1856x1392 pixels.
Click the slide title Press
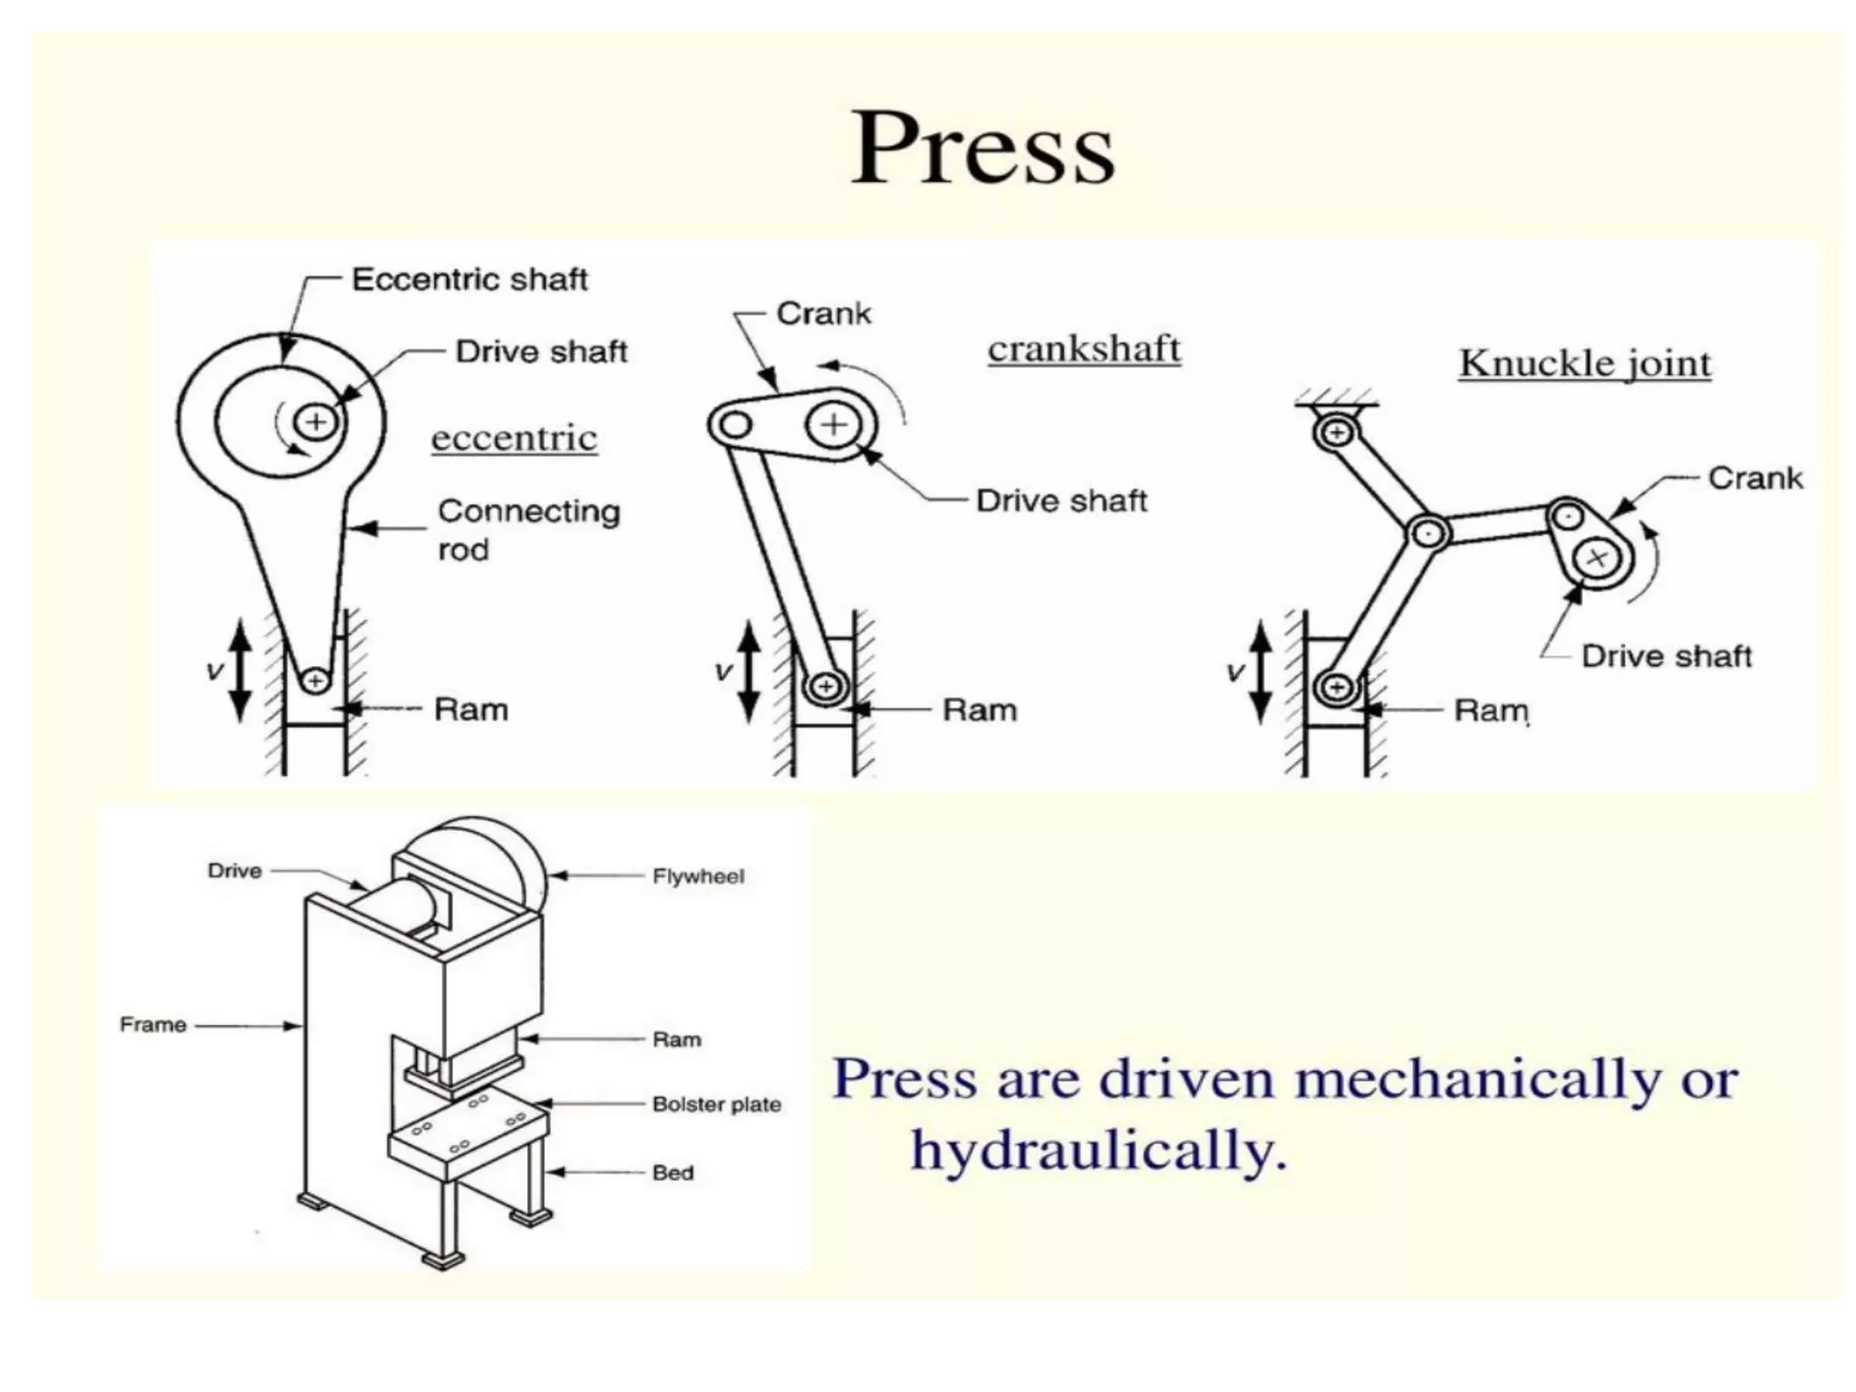coord(983,149)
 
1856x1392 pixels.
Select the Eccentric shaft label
coord(469,279)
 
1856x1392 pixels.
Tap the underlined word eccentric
coord(514,439)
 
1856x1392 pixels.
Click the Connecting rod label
coord(528,529)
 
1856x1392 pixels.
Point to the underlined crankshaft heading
coord(1084,349)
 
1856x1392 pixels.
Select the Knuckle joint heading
coord(1584,363)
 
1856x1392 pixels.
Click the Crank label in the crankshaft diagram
coord(823,314)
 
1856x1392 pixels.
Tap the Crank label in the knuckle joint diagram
coord(1754,478)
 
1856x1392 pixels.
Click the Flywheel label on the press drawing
coord(698,876)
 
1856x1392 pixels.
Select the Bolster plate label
coord(716,1104)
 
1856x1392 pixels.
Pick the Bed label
coord(672,1173)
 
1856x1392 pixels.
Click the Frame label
coord(153,1025)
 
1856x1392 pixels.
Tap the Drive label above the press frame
coord(235,871)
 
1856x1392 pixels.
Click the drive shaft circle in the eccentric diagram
coord(316,421)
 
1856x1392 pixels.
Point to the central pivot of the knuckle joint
coord(1428,533)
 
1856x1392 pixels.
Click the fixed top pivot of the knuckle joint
coord(1336,432)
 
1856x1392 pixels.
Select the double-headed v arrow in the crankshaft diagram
coord(749,671)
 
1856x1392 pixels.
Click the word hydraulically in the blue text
coord(1098,1151)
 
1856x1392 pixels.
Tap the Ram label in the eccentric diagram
coord(471,710)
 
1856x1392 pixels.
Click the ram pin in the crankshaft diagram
coord(826,686)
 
